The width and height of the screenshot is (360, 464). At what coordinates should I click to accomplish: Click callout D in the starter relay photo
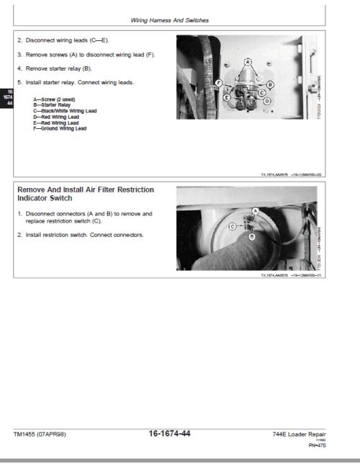267,102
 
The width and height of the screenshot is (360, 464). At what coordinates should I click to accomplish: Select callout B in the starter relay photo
270,81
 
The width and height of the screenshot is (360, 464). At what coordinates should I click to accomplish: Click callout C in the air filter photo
233,226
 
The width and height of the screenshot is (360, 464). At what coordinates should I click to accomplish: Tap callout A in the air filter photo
255,210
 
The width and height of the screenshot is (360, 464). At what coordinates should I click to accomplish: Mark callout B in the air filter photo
251,236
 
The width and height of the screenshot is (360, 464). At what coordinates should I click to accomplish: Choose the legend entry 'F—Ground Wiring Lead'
60,128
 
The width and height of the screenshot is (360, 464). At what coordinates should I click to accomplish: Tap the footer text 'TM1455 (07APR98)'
43,434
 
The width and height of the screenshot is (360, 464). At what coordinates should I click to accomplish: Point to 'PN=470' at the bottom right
336,445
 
